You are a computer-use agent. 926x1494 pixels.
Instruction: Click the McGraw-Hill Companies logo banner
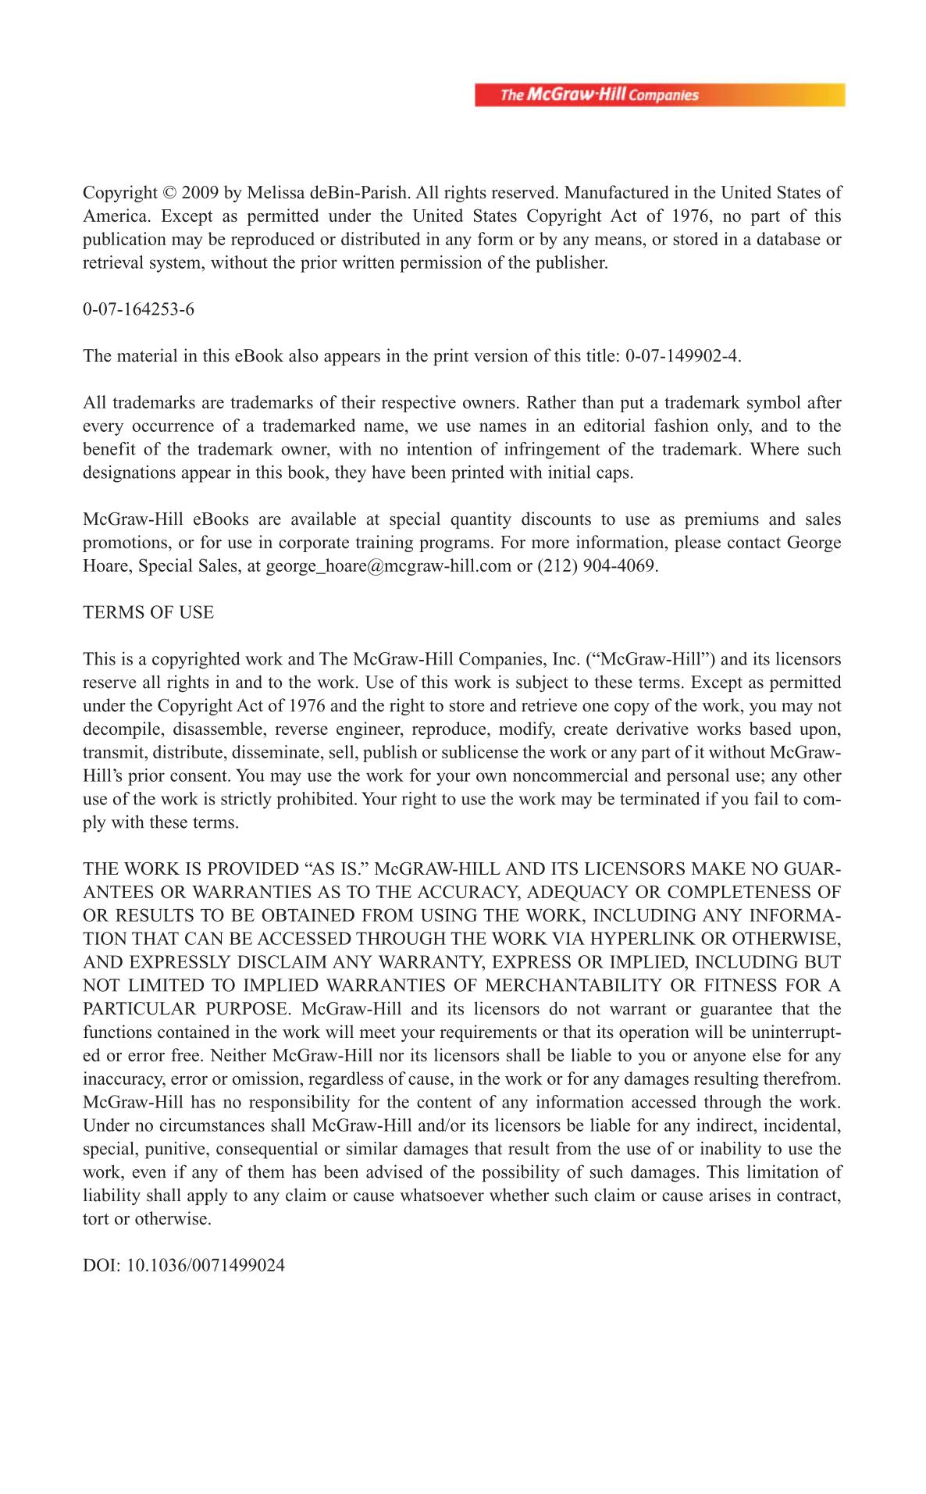pos(660,95)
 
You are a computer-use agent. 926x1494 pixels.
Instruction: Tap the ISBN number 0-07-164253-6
pos(139,309)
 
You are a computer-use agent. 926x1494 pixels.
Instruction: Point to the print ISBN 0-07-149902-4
pos(682,356)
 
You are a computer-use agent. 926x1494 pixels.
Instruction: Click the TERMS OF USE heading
pos(148,612)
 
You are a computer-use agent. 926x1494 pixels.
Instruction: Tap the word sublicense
pos(481,753)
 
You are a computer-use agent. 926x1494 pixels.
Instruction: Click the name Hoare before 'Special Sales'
pos(106,565)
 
